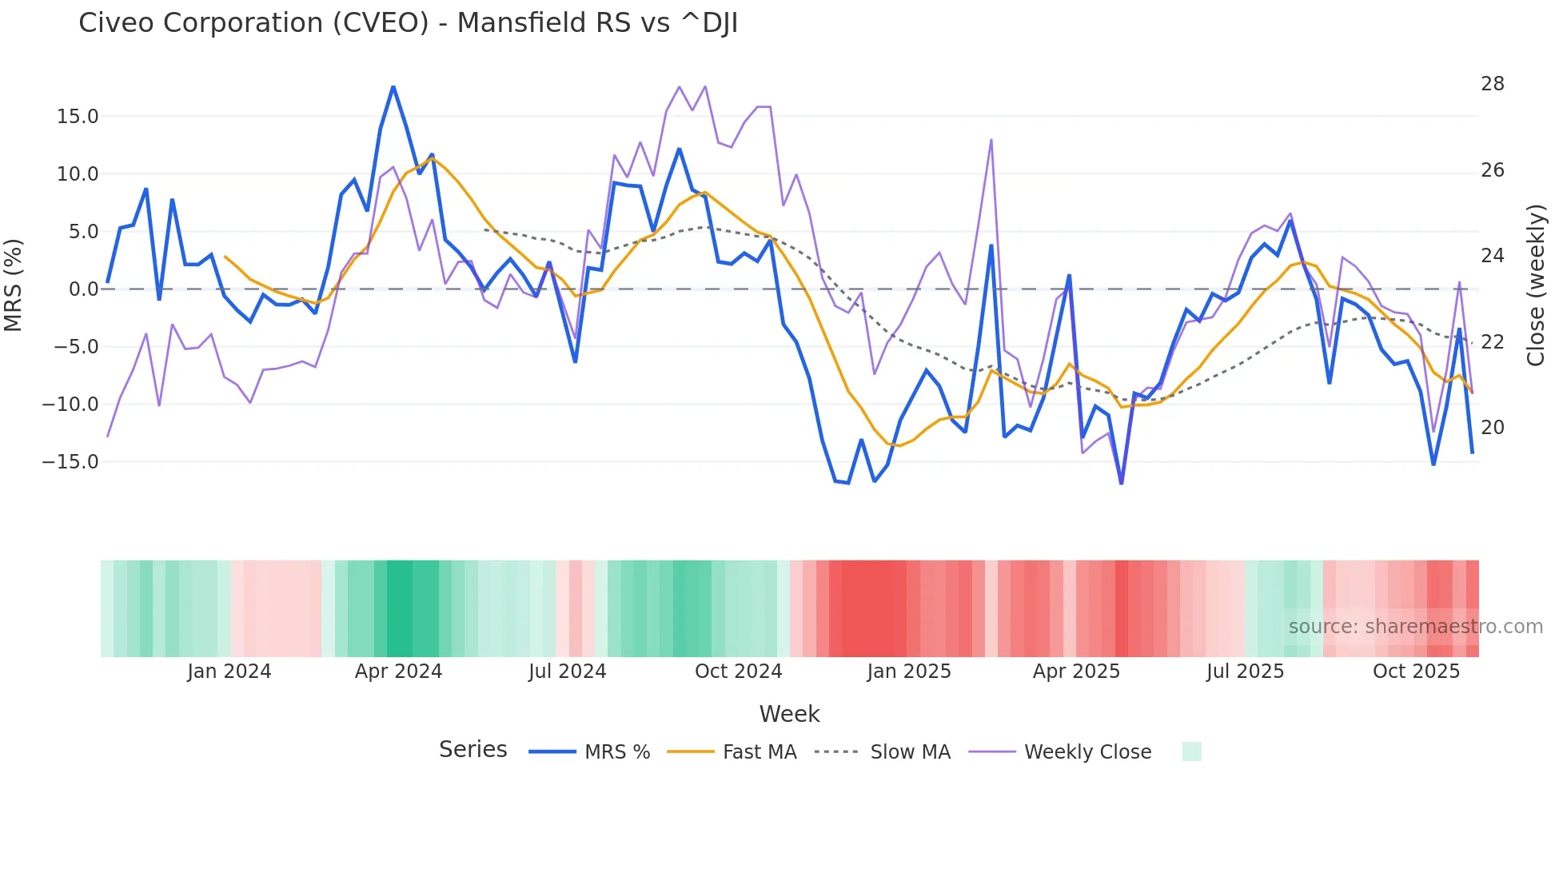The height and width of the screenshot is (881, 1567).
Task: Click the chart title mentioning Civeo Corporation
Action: click(408, 23)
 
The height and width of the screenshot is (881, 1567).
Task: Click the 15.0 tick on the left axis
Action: click(78, 117)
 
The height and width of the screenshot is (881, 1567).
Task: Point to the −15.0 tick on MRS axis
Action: click(70, 462)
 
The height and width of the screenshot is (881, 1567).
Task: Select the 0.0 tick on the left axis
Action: click(83, 289)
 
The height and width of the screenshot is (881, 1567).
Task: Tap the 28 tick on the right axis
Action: click(1492, 84)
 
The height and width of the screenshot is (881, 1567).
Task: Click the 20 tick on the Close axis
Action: click(1492, 428)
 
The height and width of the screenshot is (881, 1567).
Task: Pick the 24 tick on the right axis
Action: click(1492, 256)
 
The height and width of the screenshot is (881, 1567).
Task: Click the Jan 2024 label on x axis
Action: click(229, 672)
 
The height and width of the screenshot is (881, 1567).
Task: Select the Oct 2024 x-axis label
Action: click(738, 672)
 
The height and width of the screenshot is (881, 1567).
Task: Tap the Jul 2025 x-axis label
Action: click(1245, 672)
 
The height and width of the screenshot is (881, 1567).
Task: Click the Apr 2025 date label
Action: click(1076, 672)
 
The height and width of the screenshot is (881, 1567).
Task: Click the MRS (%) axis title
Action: click(14, 285)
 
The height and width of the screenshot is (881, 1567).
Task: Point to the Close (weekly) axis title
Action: click(1535, 285)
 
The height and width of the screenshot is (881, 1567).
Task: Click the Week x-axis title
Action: click(789, 714)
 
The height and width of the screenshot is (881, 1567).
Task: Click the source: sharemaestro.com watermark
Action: click(1415, 627)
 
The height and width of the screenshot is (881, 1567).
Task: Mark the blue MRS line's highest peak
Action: click(393, 87)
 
